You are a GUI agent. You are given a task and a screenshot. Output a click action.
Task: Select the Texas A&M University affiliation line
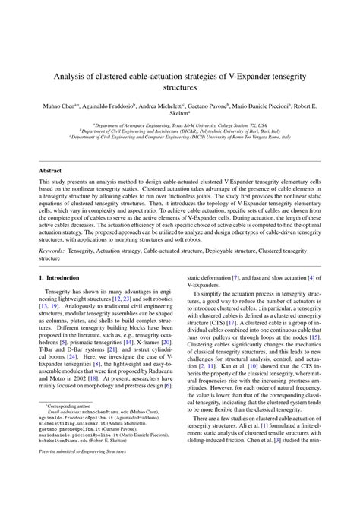tap(180, 125)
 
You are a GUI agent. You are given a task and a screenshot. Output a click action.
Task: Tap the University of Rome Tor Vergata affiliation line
tap(180, 137)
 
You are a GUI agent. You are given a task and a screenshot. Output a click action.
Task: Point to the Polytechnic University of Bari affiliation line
tap(180, 131)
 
